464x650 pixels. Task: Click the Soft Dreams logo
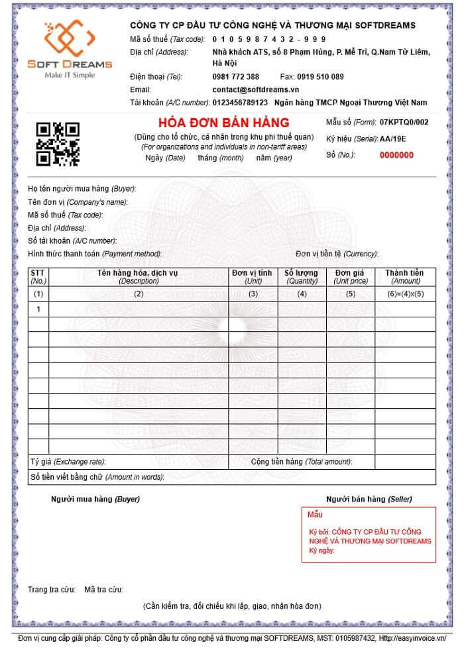[x=69, y=50]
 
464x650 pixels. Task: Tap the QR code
[x=58, y=143]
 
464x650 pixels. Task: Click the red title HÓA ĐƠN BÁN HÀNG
[x=224, y=123]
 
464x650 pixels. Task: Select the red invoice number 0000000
[x=396, y=155]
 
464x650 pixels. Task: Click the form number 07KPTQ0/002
[x=404, y=123]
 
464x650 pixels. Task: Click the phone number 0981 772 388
[x=236, y=77]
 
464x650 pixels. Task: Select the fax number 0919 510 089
[x=321, y=77]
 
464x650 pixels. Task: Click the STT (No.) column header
[x=38, y=277]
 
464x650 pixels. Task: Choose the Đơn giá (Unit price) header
[x=351, y=277]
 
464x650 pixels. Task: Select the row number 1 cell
[x=38, y=309]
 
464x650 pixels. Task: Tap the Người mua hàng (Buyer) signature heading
[x=95, y=498]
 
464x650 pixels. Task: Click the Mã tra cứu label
[x=104, y=589]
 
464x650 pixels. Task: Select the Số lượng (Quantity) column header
[x=302, y=277]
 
